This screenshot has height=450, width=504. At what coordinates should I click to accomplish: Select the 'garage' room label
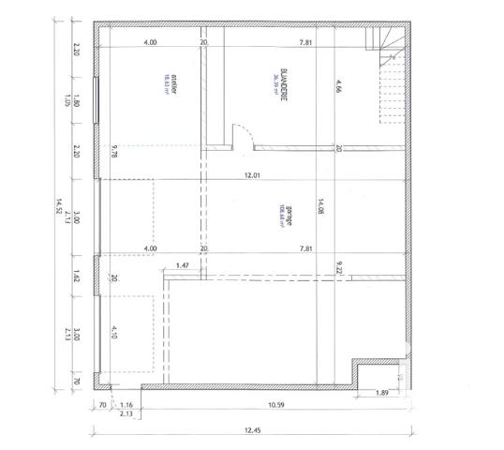[x=278, y=215]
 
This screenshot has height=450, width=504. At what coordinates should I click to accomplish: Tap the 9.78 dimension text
[x=113, y=154]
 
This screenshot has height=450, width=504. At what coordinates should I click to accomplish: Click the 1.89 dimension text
[x=381, y=393]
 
